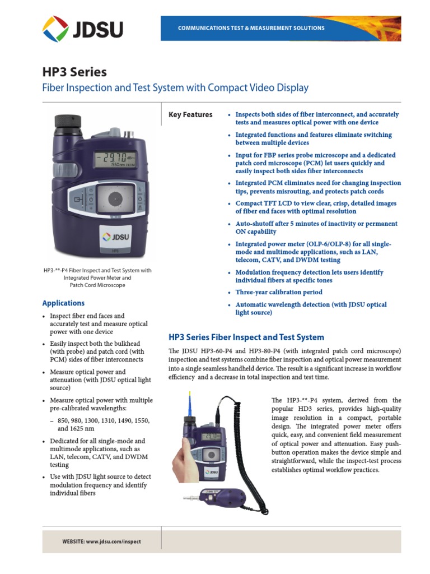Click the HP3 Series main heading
pos(74,72)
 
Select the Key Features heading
pos(190,115)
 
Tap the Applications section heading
pos(63,303)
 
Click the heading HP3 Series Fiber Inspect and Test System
pos(246,337)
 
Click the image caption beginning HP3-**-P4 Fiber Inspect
pos(97,277)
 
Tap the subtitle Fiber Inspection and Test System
pos(175,88)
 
